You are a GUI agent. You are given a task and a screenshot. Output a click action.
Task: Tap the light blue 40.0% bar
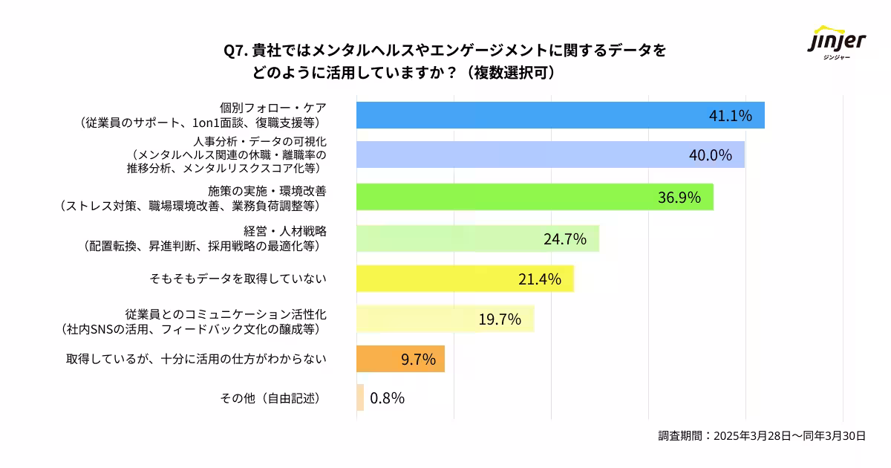tap(520, 155)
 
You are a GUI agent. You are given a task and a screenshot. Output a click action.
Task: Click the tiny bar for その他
tap(360, 397)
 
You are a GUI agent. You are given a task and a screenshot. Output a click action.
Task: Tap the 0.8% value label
tap(387, 398)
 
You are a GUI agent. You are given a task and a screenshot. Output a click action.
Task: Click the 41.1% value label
tap(731, 115)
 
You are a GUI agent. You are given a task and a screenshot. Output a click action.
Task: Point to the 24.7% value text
tap(565, 238)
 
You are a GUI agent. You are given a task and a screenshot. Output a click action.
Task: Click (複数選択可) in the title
tap(512, 74)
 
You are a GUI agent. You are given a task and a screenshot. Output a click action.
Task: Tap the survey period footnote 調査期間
tap(762, 436)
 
